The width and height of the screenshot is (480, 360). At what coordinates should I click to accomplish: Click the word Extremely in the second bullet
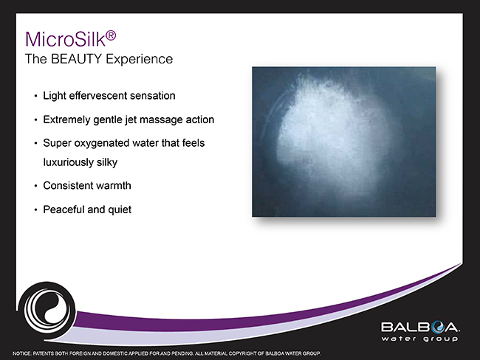point(66,119)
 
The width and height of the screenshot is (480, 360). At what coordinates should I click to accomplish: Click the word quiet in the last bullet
point(119,210)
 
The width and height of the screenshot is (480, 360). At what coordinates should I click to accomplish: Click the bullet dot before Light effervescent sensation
point(35,96)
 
